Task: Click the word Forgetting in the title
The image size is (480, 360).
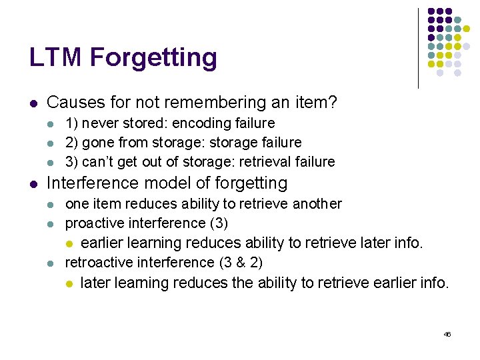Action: [x=153, y=58]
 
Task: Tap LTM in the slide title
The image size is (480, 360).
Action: [x=56, y=57]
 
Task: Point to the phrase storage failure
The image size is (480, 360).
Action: [x=264, y=142]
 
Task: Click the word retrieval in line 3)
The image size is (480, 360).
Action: [x=269, y=161]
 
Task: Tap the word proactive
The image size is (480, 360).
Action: [x=93, y=223]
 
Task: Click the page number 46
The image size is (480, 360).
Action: [x=447, y=334]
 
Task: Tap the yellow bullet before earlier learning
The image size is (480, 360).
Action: [x=69, y=243]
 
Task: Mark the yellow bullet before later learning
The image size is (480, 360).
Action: [x=69, y=283]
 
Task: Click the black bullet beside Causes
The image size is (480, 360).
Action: [x=33, y=103]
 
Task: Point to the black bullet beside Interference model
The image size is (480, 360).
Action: [x=33, y=183]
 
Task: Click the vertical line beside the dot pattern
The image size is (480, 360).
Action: [x=418, y=48]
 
